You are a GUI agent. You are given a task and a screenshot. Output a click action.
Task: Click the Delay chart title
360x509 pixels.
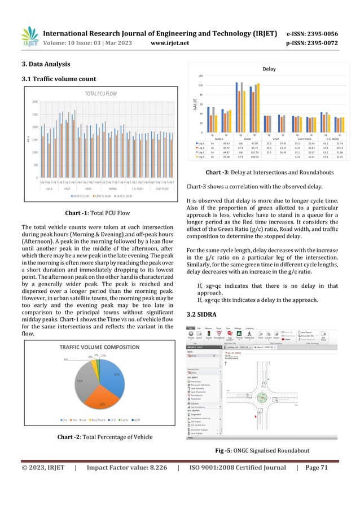269,68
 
